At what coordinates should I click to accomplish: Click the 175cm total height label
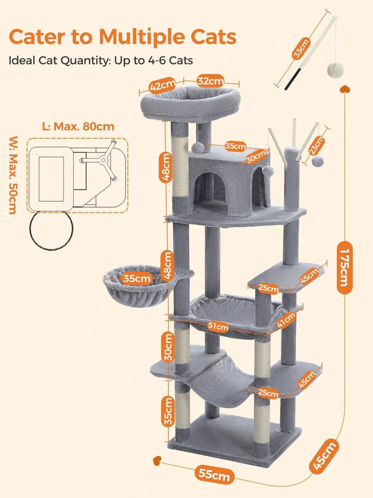click(344, 268)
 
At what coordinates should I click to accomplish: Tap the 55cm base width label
click(214, 475)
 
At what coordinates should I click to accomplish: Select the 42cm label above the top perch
click(162, 85)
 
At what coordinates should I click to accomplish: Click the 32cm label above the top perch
click(211, 81)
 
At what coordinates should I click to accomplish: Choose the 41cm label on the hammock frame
click(286, 320)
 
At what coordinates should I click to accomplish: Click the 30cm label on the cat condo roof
click(256, 157)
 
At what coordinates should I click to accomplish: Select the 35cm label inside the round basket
click(137, 278)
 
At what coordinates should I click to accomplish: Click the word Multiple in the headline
click(142, 37)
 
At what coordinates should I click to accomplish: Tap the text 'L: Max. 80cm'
click(78, 127)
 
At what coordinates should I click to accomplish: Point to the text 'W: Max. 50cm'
click(13, 175)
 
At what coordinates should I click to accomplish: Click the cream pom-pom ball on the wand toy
click(335, 70)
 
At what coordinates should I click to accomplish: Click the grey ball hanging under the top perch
click(198, 148)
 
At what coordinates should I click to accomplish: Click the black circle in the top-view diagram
click(51, 230)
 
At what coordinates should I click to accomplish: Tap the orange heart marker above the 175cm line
click(345, 89)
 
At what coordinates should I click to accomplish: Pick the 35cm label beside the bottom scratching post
click(168, 412)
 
